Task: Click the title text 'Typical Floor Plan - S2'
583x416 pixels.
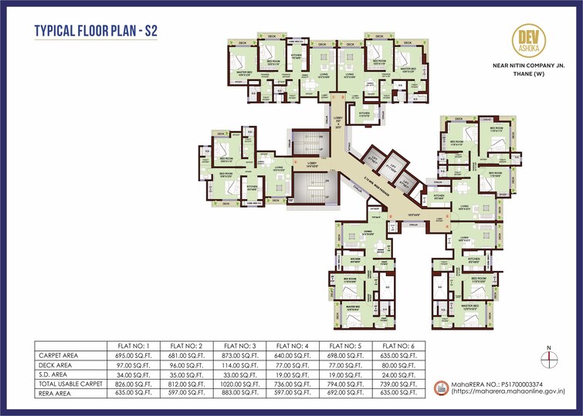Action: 97,32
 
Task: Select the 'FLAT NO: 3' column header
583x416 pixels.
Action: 238,345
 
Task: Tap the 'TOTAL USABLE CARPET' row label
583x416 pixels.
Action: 70,384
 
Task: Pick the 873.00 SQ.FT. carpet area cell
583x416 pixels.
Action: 238,355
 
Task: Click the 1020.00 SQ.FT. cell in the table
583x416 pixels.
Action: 238,384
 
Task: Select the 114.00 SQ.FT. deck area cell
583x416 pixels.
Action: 238,364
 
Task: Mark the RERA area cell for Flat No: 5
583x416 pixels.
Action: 344,393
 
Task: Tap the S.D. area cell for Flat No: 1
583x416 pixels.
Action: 132,374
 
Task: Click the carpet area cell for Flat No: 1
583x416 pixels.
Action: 132,355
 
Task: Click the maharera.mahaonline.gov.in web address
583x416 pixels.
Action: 505,392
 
